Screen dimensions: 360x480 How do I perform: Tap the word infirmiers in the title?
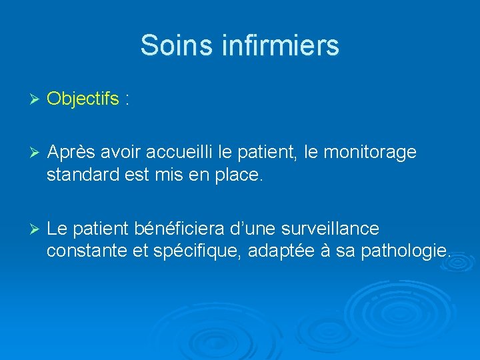tap(273, 45)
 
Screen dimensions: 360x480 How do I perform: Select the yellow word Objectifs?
tap(83, 99)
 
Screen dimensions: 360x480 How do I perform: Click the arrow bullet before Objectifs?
tap(36, 99)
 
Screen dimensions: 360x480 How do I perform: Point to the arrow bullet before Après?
tap(36, 153)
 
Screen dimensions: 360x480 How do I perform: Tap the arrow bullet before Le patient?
tap(36, 229)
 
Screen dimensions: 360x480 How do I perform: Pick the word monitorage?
tap(370, 153)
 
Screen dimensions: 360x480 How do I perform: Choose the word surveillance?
tap(331, 229)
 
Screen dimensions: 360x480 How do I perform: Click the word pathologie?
tap(410, 253)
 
